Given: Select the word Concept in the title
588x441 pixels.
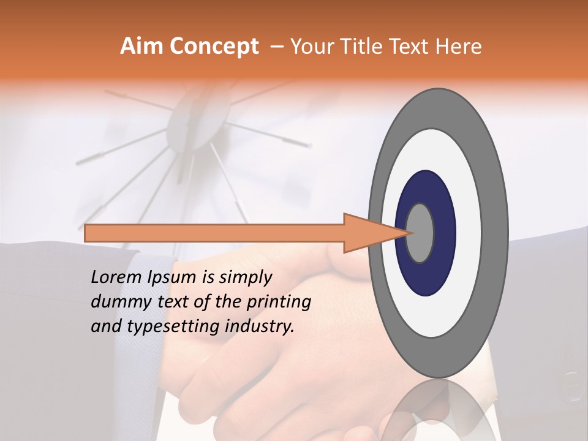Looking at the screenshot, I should (x=213, y=47).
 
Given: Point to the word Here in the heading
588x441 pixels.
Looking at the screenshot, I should (x=459, y=47).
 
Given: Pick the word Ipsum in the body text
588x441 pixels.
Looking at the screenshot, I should (x=173, y=277).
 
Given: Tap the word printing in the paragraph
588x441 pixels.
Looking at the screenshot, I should (x=279, y=302).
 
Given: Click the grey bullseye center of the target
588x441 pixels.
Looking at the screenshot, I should (x=420, y=233).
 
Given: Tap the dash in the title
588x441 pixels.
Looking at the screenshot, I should (x=277, y=47).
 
